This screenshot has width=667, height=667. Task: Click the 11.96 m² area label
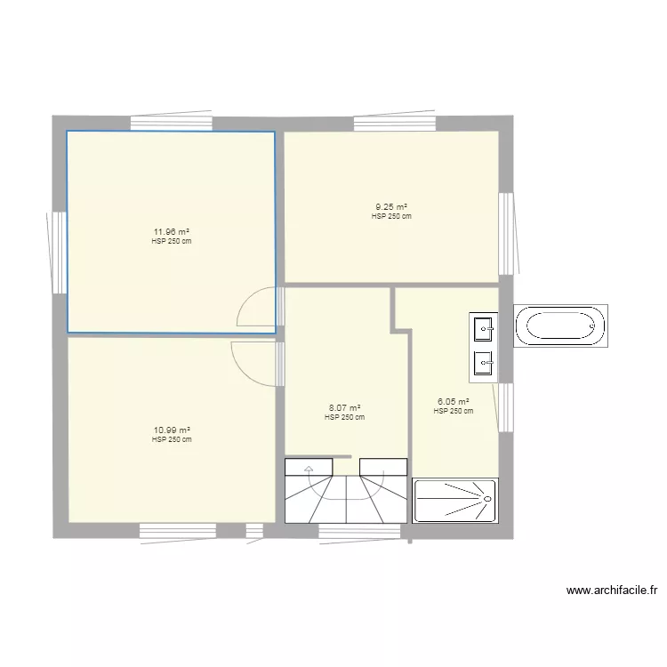[x=172, y=233]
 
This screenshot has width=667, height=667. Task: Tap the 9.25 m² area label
[x=391, y=207]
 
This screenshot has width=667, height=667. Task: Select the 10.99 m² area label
[x=172, y=430]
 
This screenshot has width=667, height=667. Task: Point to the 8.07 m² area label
[x=344, y=408]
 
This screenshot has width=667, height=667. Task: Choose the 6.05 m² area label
[x=454, y=402]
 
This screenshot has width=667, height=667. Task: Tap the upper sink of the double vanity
[x=484, y=328]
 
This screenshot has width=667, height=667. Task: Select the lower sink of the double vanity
[x=484, y=361]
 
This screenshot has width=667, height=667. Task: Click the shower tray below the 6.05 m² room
[x=455, y=500]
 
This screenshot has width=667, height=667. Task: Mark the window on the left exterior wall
[x=59, y=252]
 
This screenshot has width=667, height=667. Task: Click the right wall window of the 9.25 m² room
[x=506, y=233]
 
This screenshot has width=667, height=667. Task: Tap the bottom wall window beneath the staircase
[x=359, y=532]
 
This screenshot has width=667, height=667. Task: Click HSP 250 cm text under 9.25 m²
[x=391, y=216]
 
